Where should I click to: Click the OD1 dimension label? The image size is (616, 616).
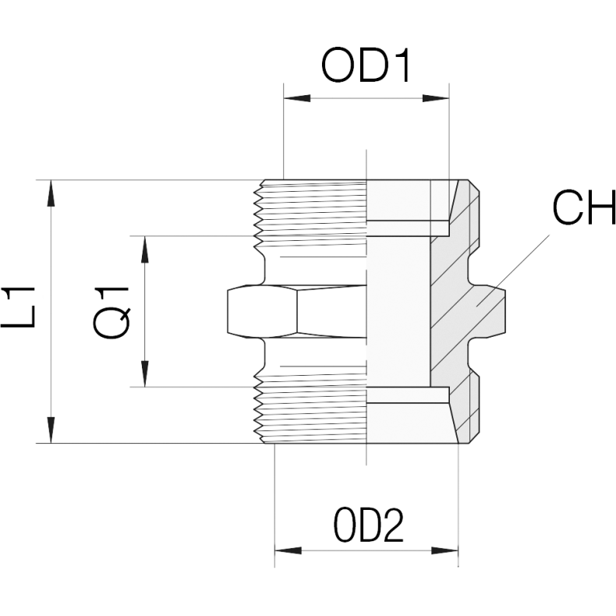366,65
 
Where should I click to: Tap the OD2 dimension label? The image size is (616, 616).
369,526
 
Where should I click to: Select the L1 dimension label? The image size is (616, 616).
19,307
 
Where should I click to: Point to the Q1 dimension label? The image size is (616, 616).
112,313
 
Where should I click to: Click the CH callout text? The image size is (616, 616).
584,207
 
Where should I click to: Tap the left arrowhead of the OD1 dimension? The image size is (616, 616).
297,98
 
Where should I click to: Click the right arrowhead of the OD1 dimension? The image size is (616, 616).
435,98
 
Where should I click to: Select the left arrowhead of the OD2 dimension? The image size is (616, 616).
288,551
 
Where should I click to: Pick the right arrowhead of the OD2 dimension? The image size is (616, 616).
444,551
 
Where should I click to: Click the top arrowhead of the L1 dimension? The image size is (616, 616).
51,193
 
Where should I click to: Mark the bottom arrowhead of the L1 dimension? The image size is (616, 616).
51,430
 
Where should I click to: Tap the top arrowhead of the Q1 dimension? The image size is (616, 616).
145,249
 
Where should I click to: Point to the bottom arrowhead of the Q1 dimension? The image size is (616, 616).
145,373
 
